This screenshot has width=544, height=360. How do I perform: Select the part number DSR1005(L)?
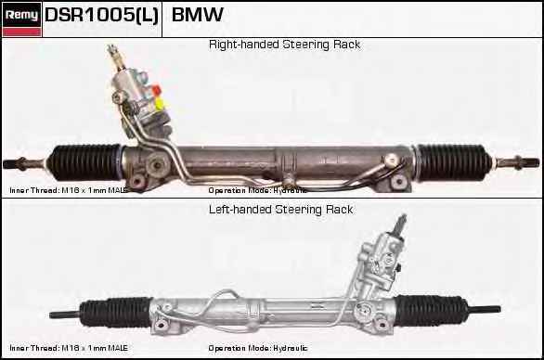pyautogui.click(x=102, y=16)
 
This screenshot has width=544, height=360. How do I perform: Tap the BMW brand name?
pyautogui.click(x=198, y=16)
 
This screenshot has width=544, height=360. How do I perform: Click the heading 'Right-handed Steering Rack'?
pyautogui.click(x=284, y=45)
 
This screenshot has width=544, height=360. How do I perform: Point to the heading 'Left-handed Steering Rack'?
pyautogui.click(x=280, y=210)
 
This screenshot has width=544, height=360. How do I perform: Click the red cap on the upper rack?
pyautogui.click(x=157, y=90)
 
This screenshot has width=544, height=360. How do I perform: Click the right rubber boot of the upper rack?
pyautogui.click(x=453, y=159)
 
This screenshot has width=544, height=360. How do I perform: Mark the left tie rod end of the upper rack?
pyautogui.click(x=20, y=164)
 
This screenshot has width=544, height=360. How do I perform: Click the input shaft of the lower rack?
pyautogui.click(x=400, y=225)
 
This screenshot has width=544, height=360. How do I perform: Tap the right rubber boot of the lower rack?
pyautogui.click(x=430, y=308)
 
